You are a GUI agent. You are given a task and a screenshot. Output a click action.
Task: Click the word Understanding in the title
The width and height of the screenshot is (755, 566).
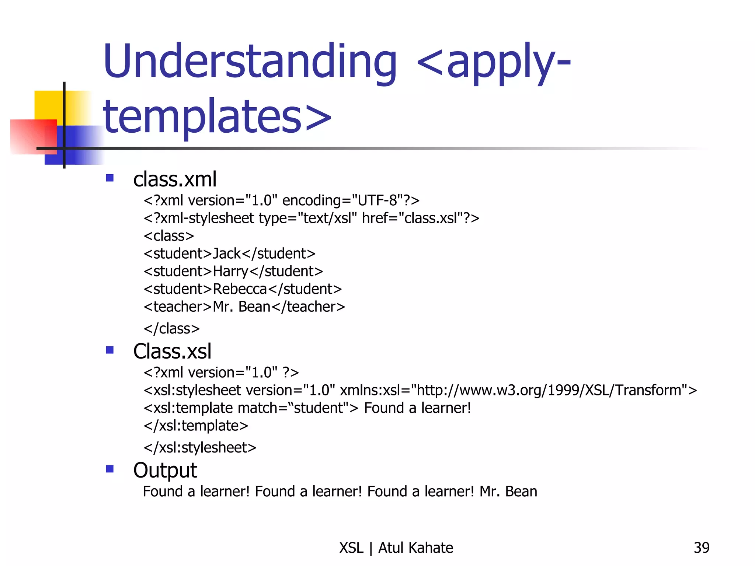pyautogui.click(x=250, y=62)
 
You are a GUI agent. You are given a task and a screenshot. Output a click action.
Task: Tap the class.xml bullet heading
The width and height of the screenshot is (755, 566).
pyautogui.click(x=175, y=179)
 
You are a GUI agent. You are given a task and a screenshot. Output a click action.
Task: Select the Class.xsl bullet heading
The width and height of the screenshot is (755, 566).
pyautogui.click(x=172, y=351)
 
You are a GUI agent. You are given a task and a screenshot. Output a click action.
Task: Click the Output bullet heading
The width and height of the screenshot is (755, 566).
pyautogui.click(x=165, y=470)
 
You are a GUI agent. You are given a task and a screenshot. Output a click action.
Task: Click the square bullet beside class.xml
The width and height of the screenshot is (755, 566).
pyautogui.click(x=109, y=178)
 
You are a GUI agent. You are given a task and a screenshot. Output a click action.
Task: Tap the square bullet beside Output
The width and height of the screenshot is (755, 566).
pyautogui.click(x=109, y=469)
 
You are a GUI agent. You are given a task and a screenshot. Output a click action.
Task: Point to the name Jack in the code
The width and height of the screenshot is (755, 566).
pyautogui.click(x=227, y=254)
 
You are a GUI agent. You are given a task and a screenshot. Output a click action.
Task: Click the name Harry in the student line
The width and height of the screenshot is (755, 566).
pyautogui.click(x=231, y=272)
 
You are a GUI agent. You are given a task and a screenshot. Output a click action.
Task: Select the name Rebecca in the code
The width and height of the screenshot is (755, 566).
pyautogui.click(x=240, y=289)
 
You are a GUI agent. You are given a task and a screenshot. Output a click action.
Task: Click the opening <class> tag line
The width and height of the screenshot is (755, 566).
pyautogui.click(x=169, y=236)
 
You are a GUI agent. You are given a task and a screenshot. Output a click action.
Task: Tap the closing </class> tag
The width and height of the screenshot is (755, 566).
pyautogui.click(x=172, y=329)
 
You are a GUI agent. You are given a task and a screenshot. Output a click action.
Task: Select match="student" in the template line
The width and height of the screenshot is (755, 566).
pyautogui.click(x=293, y=408)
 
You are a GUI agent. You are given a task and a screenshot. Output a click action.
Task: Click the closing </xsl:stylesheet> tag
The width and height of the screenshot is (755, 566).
pyautogui.click(x=200, y=448)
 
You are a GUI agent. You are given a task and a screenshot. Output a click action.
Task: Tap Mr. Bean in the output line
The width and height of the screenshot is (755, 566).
pyautogui.click(x=508, y=492)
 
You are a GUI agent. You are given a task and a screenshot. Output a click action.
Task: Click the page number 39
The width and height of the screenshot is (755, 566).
pyautogui.click(x=701, y=548)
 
